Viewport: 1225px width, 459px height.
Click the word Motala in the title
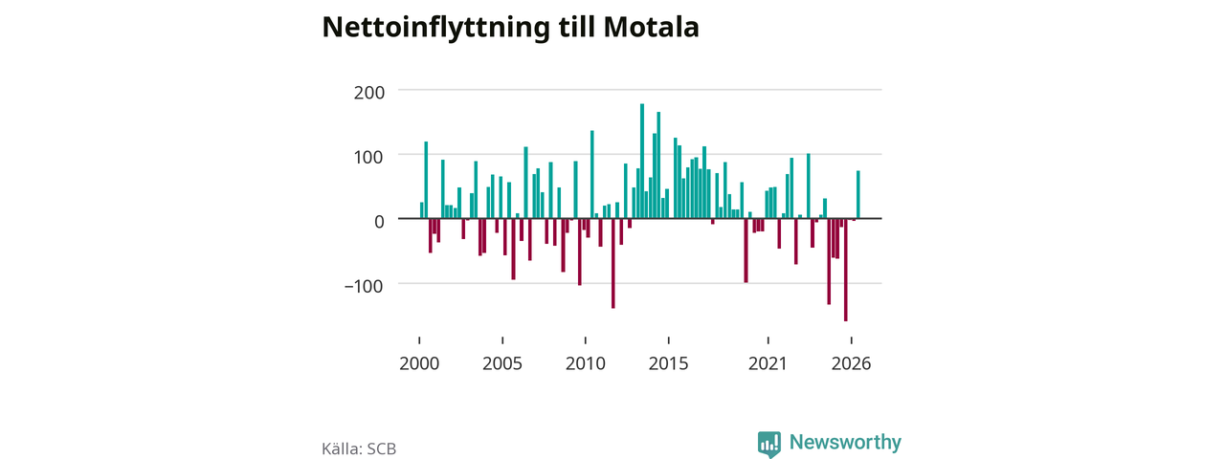tap(651, 27)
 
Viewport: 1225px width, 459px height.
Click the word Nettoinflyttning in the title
tap(435, 29)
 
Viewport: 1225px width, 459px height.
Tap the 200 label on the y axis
tap(369, 93)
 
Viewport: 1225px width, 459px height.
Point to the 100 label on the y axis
tap(369, 158)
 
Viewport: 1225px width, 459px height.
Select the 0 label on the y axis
tap(379, 221)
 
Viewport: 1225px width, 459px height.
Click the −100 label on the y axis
tap(364, 286)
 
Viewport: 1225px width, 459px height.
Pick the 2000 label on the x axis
tap(419, 363)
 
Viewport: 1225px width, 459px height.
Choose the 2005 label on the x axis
tap(502, 363)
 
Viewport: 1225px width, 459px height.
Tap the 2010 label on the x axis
tap(585, 363)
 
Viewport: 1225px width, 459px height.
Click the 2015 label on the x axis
tap(668, 363)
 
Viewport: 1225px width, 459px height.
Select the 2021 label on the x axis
tap(768, 363)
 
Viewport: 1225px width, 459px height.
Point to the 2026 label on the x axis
tap(851, 363)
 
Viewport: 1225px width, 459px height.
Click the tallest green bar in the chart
tap(642, 162)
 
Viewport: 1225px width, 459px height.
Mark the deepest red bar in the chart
tap(845, 270)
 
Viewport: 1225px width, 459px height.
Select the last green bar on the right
tap(858, 194)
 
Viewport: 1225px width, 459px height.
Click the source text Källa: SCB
tap(359, 448)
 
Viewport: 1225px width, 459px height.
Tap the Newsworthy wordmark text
tap(845, 442)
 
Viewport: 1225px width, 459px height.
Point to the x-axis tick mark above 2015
tap(668, 340)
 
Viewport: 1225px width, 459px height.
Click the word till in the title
tap(576, 27)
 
